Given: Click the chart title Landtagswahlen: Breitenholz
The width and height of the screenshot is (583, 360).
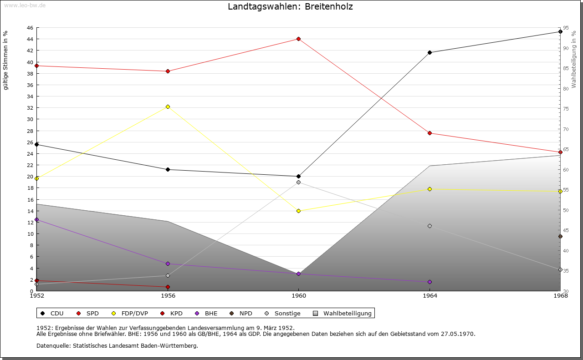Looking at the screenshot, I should click(290, 7).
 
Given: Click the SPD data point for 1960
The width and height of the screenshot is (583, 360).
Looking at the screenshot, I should click(298, 39).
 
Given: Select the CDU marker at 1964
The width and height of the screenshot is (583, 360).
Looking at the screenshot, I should click(430, 52).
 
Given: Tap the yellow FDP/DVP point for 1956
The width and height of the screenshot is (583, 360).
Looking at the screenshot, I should click(168, 106).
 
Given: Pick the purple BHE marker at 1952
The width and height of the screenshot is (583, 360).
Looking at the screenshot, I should click(37, 220).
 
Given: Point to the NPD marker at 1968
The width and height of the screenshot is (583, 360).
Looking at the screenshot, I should click(560, 236).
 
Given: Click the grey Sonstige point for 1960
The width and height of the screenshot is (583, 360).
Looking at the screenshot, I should click(298, 182).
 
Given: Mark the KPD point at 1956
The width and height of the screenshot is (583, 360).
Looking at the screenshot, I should click(168, 287).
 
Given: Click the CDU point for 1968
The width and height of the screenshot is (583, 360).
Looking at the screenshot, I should click(560, 32).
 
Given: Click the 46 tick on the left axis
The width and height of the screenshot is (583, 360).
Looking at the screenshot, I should click(30, 28).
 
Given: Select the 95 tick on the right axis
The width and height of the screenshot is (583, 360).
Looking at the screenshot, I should click(566, 28).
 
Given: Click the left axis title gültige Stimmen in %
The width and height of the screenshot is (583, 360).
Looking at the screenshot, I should click(6, 60).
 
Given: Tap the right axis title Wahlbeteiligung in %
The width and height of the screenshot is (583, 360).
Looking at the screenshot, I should click(574, 60).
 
